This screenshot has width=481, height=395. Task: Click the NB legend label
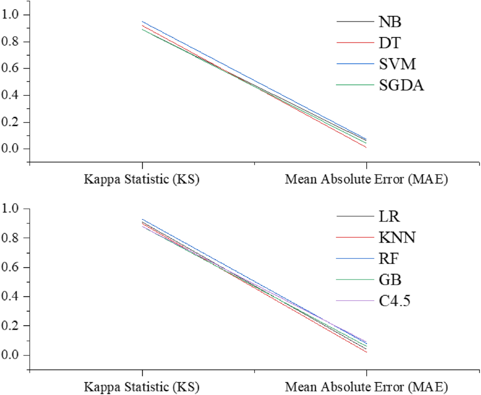[x=390, y=22]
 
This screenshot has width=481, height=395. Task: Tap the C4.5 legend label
[x=394, y=300]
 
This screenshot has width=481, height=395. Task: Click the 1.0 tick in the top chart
[x=11, y=15]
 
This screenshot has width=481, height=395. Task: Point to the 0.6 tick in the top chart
[x=11, y=69]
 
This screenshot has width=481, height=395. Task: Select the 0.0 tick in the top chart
[x=11, y=149]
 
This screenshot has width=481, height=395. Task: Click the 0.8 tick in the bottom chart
[x=11, y=238]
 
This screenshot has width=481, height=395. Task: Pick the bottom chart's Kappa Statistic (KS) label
[x=142, y=387]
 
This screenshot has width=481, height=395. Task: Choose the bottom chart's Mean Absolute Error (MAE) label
[x=366, y=387]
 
